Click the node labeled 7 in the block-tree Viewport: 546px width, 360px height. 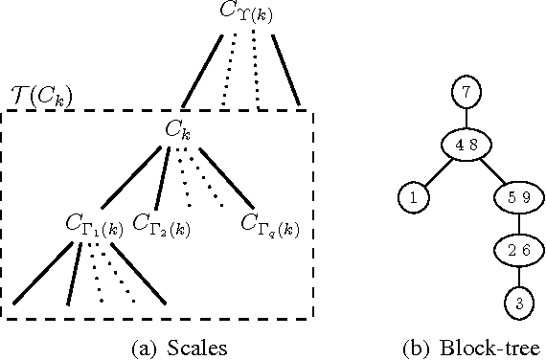coord(464,92)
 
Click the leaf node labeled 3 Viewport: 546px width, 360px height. coord(516,303)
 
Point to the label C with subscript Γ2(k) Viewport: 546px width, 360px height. coord(161,225)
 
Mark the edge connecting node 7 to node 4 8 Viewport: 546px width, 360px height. coord(464,119)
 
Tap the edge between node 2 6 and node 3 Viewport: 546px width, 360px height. coord(516,277)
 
